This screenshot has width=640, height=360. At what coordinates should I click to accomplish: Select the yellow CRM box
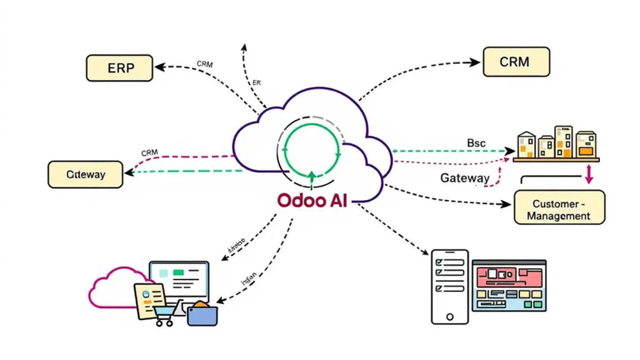(x=516, y=62)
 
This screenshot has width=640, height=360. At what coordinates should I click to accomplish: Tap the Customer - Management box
(x=559, y=207)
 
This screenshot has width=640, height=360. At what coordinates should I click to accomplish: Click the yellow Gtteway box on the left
(x=86, y=174)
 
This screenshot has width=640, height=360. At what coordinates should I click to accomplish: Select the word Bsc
(x=476, y=142)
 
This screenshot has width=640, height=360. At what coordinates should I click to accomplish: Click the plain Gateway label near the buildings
(x=464, y=178)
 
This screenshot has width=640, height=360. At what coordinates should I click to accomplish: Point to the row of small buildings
(x=556, y=142)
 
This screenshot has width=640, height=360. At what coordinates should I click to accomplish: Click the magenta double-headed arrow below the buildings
(x=588, y=174)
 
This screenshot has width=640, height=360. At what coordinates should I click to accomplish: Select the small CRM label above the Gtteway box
(x=149, y=153)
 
